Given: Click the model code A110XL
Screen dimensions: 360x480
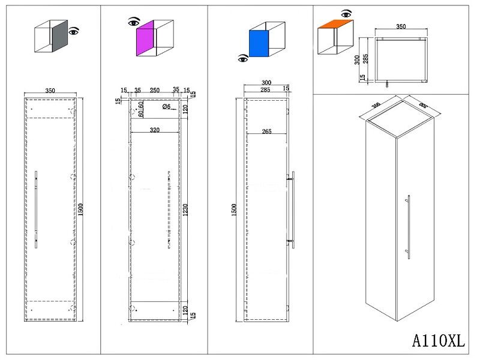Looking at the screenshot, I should coord(439,341).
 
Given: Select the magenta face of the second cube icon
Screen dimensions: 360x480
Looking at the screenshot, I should coord(146,40).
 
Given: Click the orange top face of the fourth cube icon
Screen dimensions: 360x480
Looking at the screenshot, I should coord(335,25).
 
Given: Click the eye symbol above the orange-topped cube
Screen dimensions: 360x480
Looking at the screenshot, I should coord(346,13).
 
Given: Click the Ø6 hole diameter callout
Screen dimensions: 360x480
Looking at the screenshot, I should coord(166,107).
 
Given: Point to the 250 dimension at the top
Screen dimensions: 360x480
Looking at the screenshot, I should coord(154,91).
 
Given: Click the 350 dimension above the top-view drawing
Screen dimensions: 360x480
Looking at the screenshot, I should coord(401,27).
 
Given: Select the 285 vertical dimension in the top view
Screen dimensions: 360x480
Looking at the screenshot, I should coord(365,59).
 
